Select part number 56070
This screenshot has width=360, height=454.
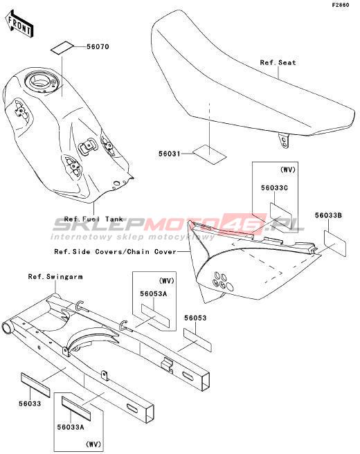(x=98, y=46)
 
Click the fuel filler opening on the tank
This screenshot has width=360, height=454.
(x=39, y=80)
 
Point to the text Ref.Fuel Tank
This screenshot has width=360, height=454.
(x=93, y=219)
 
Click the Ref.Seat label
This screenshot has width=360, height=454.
(x=278, y=62)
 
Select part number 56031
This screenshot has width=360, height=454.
(x=170, y=154)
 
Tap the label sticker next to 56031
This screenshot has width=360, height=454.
(x=209, y=154)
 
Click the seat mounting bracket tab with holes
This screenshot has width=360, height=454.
(x=284, y=140)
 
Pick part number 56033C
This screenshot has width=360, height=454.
(x=274, y=188)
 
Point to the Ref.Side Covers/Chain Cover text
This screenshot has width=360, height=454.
(x=116, y=252)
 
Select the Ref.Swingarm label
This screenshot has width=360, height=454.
(x=55, y=277)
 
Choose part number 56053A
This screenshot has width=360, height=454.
(x=154, y=293)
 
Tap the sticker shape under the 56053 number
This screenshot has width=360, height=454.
(x=197, y=340)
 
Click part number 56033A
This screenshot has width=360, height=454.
(x=71, y=427)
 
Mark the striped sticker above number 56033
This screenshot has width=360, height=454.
(x=35, y=385)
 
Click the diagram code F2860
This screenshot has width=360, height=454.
(x=341, y=5)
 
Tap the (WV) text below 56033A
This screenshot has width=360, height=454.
(x=93, y=444)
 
